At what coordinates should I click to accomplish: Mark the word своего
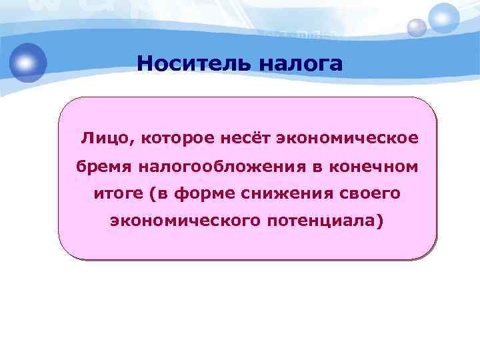(368, 193)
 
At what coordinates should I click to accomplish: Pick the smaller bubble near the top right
(417, 28)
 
